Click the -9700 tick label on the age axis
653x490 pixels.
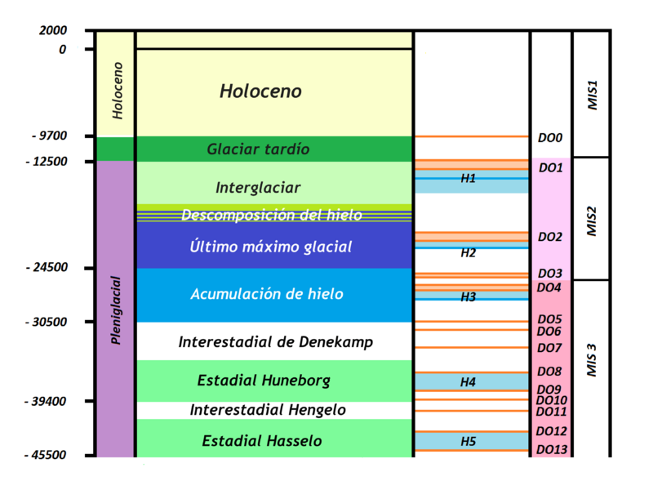pos(50,136)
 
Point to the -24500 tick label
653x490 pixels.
pos(47,267)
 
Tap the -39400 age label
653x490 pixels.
pos(46,401)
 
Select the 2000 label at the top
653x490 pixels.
pos(53,30)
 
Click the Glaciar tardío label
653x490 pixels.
pos(258,149)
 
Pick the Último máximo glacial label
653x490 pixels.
pos(271,247)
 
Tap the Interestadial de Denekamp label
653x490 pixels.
pos(276,342)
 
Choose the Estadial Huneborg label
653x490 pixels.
pos(264,381)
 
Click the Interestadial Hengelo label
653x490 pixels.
pos(268,410)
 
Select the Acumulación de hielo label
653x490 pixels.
pos(267,294)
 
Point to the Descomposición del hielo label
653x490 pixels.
pos(272,215)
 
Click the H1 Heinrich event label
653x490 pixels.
pos(468,178)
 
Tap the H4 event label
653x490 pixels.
pos(468,382)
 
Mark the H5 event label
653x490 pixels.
pos(468,441)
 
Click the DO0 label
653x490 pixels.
pos(550,137)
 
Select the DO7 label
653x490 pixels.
pos(549,348)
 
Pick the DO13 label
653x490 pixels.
pos(552,450)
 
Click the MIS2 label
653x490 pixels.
pos(592,221)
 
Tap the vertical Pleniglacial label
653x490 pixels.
pos(116,310)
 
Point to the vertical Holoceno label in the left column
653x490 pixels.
pos(118,91)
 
